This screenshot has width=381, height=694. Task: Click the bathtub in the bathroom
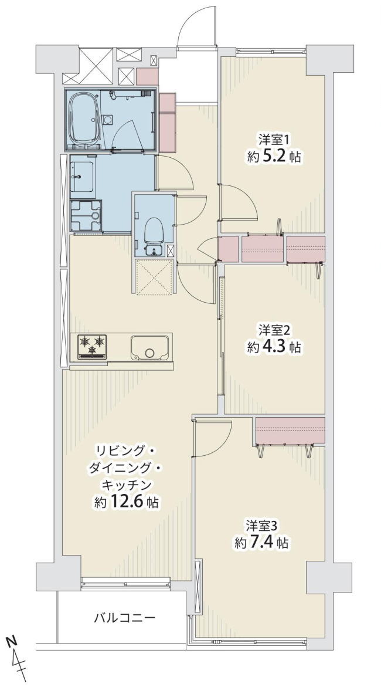click(84, 119)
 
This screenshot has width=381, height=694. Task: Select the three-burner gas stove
click(93, 346)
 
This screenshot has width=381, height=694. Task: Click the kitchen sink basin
click(150, 347)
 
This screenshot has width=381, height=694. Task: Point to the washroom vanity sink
click(82, 177)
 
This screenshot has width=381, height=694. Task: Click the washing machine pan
click(86, 215)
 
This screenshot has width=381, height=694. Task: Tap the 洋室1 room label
click(274, 140)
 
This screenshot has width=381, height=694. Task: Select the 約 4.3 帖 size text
click(274, 347)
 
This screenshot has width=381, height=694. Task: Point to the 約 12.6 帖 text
click(127, 502)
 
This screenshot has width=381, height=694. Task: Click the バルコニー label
click(124, 617)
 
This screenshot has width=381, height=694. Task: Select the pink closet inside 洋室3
click(290, 431)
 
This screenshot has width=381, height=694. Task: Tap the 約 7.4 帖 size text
click(261, 542)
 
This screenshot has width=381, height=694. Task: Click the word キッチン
click(127, 485)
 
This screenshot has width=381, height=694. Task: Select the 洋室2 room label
click(274, 330)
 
